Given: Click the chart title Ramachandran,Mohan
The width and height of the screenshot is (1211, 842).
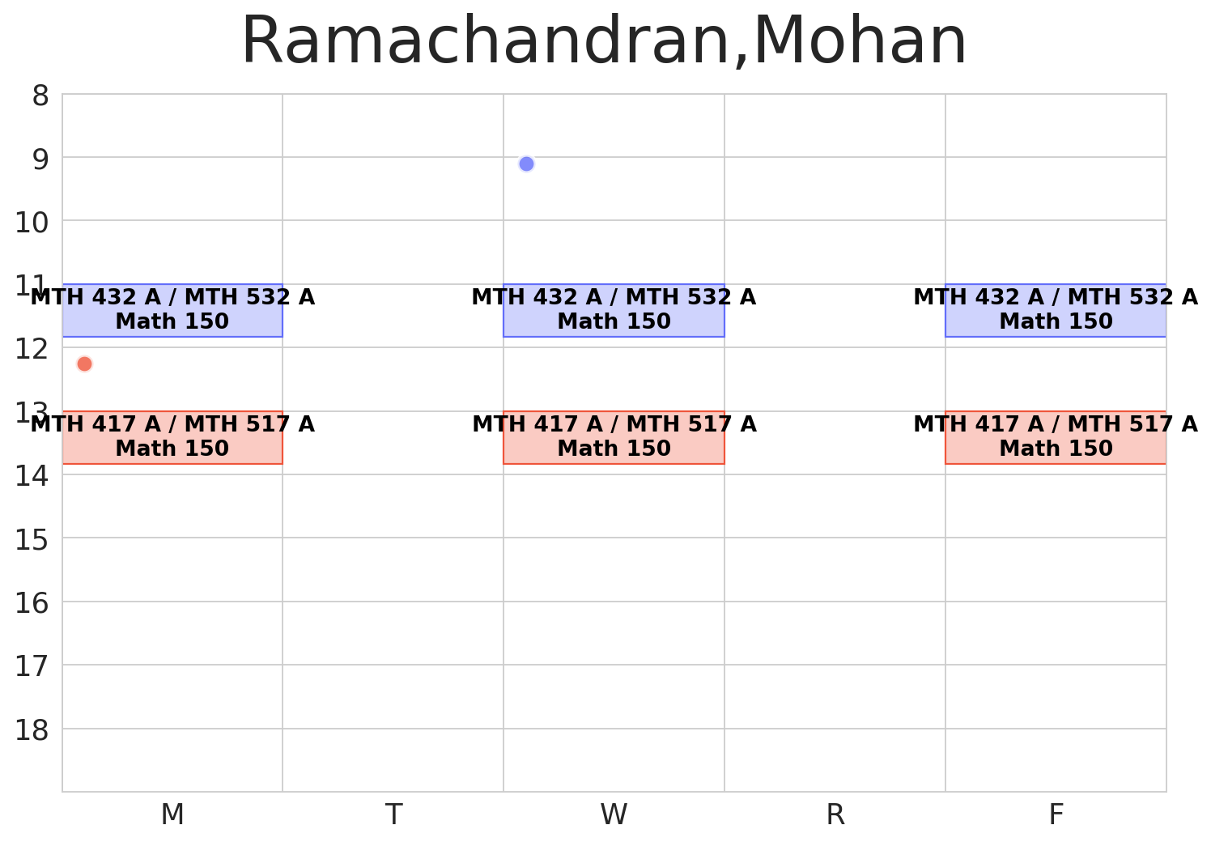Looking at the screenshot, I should [x=604, y=42].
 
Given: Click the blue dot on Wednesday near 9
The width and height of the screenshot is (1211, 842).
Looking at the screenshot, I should [x=526, y=164].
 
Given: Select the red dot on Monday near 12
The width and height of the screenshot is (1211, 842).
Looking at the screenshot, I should [x=84, y=364].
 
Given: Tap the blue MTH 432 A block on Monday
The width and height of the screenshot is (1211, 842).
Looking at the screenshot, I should [x=172, y=310].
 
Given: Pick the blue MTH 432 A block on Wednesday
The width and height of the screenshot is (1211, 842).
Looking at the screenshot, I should [x=614, y=310].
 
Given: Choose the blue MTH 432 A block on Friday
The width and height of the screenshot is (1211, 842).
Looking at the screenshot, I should [x=1056, y=310].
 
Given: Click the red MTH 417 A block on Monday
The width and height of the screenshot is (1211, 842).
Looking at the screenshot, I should [x=172, y=437].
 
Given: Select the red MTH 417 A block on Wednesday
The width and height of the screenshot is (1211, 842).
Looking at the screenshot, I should [x=614, y=437].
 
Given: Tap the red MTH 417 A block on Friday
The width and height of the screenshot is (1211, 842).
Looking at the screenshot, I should [x=1056, y=437].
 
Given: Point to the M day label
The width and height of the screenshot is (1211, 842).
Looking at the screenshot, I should [x=172, y=815].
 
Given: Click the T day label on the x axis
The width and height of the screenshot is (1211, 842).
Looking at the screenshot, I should [x=393, y=815].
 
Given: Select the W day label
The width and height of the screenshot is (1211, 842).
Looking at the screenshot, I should [x=614, y=815].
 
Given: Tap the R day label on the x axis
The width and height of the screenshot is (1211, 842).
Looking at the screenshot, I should [x=835, y=815].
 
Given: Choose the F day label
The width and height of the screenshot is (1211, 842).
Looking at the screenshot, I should [x=1056, y=815].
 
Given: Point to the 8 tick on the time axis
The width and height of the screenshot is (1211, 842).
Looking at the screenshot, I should [x=40, y=96].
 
